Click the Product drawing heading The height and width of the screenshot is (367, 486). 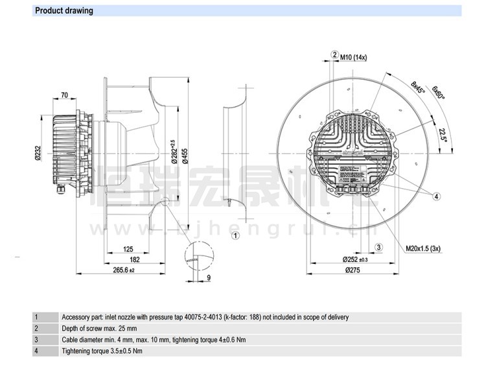(x=64, y=10)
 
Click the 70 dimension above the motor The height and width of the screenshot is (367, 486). (x=64, y=95)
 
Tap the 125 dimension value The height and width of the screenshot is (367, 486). (x=128, y=249)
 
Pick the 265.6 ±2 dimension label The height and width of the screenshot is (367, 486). (x=123, y=270)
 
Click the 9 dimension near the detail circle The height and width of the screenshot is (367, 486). (x=209, y=279)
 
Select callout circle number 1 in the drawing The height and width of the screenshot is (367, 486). (x=236, y=235)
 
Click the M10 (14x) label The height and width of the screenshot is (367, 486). (x=354, y=57)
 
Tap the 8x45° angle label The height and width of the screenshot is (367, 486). (x=417, y=88)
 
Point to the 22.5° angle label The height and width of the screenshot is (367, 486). (x=443, y=134)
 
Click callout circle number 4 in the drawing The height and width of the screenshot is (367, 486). (x=437, y=196)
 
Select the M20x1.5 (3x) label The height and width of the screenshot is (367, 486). (x=424, y=248)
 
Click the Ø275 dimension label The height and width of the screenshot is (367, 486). (x=352, y=270)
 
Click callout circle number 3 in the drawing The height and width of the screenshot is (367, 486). (x=379, y=246)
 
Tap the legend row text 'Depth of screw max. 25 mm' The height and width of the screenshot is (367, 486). (x=99, y=329)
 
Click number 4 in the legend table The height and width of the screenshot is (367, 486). (x=36, y=351)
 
